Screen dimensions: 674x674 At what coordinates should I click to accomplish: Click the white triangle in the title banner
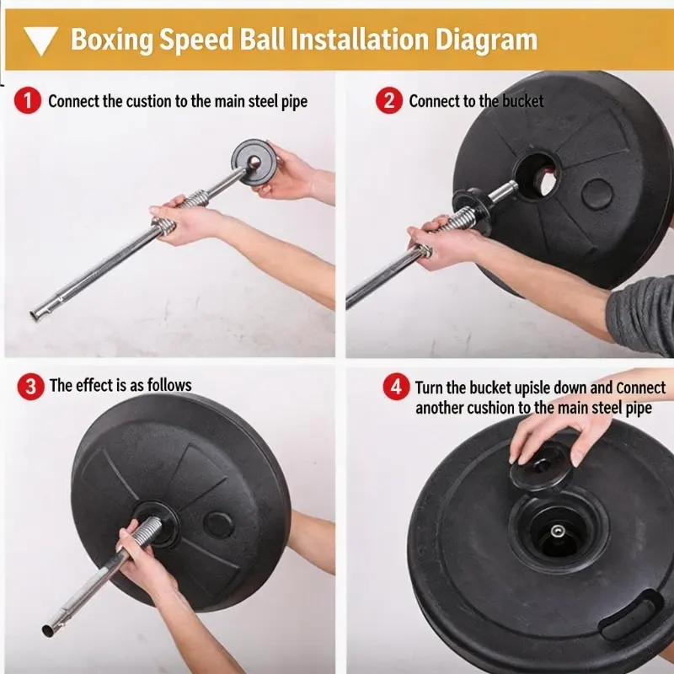tap(40, 40)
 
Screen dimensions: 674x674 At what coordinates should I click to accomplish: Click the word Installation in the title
tap(360, 39)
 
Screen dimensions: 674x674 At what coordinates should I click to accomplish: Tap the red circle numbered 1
tap(28, 100)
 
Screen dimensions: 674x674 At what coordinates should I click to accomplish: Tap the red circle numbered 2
tap(389, 100)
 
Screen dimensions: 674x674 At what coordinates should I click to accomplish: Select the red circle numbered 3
tap(30, 387)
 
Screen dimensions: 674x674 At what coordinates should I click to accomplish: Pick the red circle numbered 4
tap(396, 387)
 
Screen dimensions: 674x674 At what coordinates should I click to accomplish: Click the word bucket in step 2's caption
tap(522, 101)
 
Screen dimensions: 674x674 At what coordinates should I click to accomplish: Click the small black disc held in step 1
tap(254, 162)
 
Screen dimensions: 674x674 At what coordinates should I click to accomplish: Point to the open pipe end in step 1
tap(35, 316)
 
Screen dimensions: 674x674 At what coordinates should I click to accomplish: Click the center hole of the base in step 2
tap(537, 176)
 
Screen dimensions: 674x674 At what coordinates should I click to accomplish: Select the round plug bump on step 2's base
tap(596, 195)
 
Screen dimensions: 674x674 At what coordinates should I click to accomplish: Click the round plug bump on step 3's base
tap(218, 525)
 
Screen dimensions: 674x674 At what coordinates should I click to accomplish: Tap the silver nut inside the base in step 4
tap(558, 531)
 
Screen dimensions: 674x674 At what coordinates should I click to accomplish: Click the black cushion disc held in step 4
tap(541, 467)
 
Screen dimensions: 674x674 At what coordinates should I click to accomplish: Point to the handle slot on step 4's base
tap(630, 614)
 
